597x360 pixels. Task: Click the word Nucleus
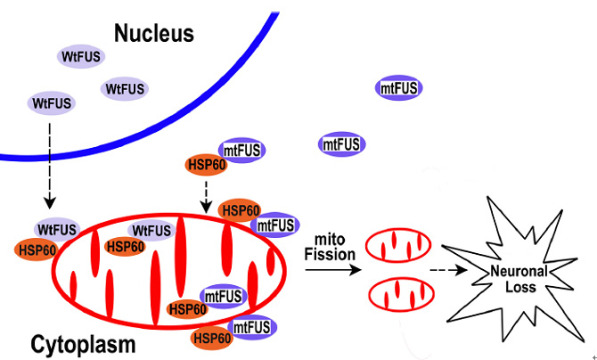153,34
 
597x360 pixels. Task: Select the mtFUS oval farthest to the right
399,87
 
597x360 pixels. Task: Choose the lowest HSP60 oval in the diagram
212,338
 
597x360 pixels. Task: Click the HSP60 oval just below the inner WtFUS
125,247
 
